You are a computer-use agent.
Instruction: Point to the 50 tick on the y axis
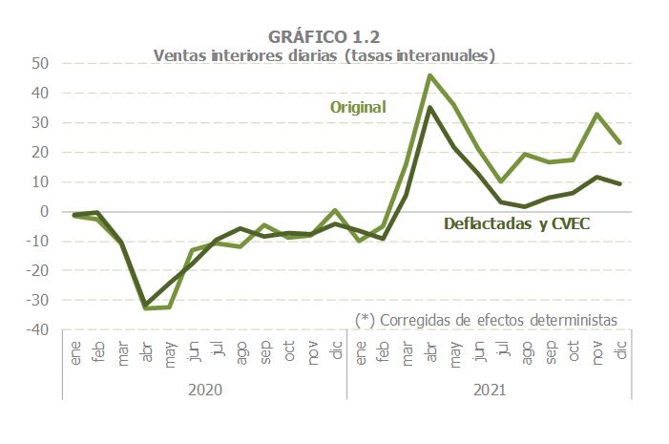pyautogui.click(x=40, y=64)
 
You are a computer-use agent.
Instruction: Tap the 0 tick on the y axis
pyautogui.click(x=44, y=212)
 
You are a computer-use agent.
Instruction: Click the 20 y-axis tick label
pyautogui.click(x=40, y=153)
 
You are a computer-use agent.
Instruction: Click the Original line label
pyautogui.click(x=358, y=107)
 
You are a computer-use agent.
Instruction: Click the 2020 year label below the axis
pyautogui.click(x=205, y=391)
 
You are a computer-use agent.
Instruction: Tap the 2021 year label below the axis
pyautogui.click(x=488, y=391)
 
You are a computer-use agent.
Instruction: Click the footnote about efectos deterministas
pyautogui.click(x=486, y=319)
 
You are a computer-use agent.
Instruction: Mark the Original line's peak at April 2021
pyautogui.click(x=430, y=75)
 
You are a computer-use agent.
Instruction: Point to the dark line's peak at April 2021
pyautogui.click(x=430, y=108)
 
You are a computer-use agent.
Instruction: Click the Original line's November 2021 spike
pyautogui.click(x=596, y=115)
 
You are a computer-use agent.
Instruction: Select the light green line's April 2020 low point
pyautogui.click(x=146, y=307)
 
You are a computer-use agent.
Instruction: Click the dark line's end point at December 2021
pyautogui.click(x=620, y=183)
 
